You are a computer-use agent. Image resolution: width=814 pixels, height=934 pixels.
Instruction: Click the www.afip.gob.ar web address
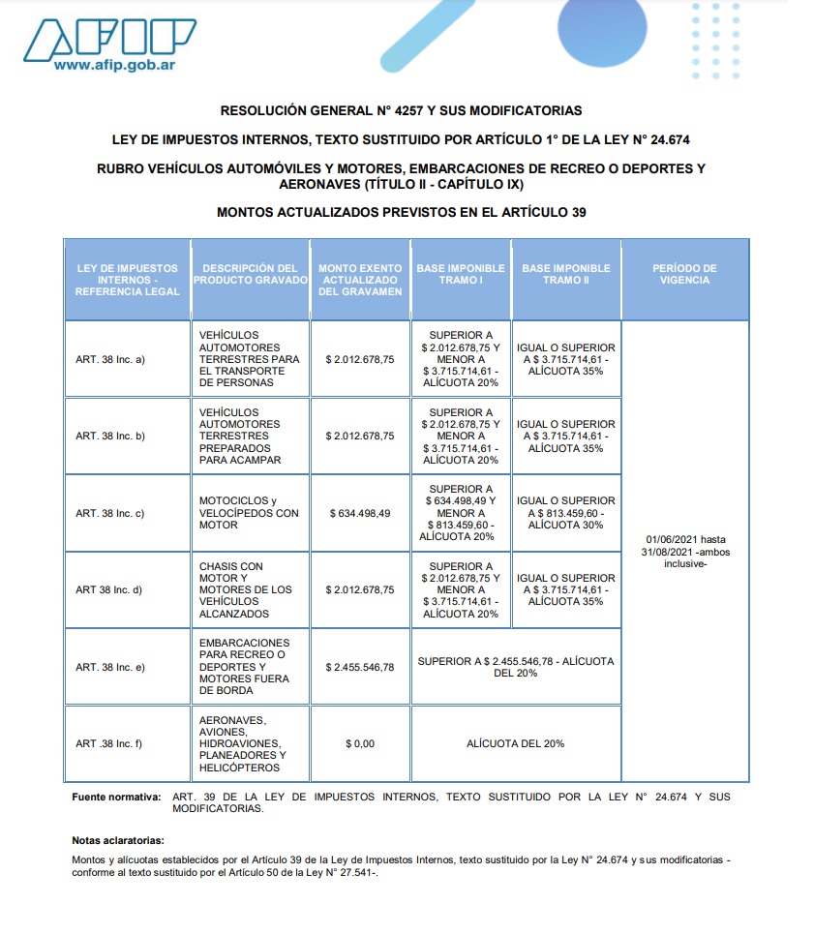click(x=113, y=66)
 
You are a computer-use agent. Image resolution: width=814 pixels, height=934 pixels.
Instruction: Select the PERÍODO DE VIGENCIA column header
click(x=684, y=274)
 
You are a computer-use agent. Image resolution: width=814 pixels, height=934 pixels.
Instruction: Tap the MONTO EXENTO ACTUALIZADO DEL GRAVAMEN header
click(x=360, y=280)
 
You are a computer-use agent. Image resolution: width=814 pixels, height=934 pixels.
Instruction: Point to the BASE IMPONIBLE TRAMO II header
click(x=566, y=274)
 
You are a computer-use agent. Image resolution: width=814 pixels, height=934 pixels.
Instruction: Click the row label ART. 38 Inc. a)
click(x=110, y=359)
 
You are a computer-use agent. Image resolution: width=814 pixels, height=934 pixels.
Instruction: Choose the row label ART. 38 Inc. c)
click(x=110, y=513)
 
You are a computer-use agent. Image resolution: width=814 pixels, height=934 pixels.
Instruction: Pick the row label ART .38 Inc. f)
click(x=109, y=743)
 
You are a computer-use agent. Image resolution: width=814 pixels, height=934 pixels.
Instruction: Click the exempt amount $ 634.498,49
click(x=360, y=513)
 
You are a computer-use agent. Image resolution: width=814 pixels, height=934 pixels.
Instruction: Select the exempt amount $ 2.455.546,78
click(x=360, y=667)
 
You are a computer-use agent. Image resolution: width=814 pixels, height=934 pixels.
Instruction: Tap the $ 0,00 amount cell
click(x=360, y=743)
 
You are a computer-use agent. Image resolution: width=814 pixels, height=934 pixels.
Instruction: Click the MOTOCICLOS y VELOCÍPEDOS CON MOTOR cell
click(x=250, y=513)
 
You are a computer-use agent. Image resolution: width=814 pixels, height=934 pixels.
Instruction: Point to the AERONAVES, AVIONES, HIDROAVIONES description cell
click(x=243, y=743)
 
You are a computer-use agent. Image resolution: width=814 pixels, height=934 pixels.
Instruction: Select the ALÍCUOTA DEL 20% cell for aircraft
click(x=515, y=743)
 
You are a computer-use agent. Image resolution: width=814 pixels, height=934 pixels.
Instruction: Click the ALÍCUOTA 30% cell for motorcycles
click(x=566, y=513)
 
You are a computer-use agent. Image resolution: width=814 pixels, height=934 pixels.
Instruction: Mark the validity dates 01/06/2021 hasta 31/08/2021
click(x=684, y=552)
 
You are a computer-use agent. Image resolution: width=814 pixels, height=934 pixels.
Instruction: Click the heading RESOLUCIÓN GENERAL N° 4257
click(x=401, y=111)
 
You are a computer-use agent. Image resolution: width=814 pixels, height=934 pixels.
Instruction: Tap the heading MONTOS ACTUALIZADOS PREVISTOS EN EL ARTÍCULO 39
click(x=401, y=212)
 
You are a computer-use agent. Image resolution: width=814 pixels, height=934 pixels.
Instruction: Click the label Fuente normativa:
click(x=116, y=797)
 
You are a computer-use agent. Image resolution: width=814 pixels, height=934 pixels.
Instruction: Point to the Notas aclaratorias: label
click(x=118, y=840)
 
